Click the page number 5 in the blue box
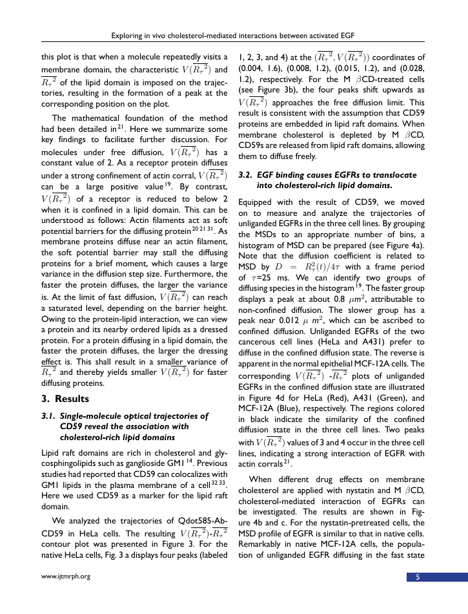[417, 577]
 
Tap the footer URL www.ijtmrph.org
[65, 577]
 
